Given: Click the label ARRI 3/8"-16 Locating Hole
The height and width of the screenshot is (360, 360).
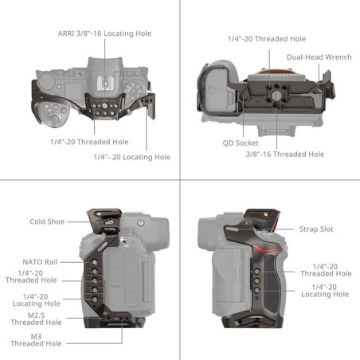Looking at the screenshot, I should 104,33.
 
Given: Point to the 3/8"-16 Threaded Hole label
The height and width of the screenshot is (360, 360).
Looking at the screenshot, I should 284,154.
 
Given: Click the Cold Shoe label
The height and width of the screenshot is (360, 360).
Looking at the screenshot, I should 47,221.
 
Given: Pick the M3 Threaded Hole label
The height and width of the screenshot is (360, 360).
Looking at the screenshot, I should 35,339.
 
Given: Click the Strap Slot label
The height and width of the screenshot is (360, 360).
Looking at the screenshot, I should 315,229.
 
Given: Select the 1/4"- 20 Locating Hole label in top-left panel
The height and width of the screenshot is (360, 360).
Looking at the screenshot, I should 131,157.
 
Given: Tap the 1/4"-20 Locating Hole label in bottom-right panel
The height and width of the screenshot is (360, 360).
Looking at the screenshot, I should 324,290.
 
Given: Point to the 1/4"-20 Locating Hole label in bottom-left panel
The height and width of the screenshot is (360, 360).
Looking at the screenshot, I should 35,299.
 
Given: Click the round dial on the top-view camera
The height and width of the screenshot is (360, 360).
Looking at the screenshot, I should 52,115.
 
